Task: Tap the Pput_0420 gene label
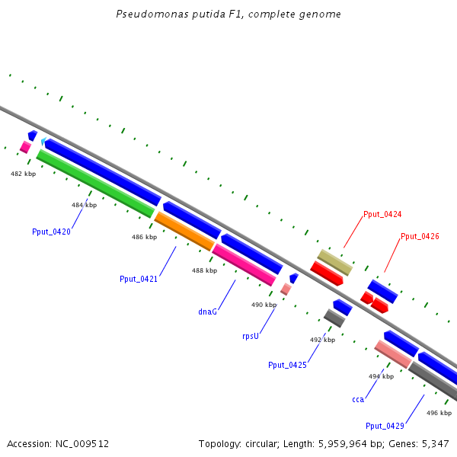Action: coord(51,232)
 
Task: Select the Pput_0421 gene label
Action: coord(139,279)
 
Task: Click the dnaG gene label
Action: coord(208,312)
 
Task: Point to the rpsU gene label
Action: coord(251,336)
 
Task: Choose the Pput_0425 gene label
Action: coord(287,365)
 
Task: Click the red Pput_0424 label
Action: coord(382,214)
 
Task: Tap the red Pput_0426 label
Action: coord(420,236)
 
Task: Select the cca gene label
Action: coord(358,399)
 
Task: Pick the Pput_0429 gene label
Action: coord(385,426)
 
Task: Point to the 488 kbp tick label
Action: coord(204,270)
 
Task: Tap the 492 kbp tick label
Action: coord(322,340)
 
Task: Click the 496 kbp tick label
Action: coord(439,413)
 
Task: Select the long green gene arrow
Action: coord(95,183)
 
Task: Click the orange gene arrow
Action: coord(184,232)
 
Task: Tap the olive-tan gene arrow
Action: coord(335,262)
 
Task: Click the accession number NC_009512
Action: coord(58,443)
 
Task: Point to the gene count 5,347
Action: coord(433,443)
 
